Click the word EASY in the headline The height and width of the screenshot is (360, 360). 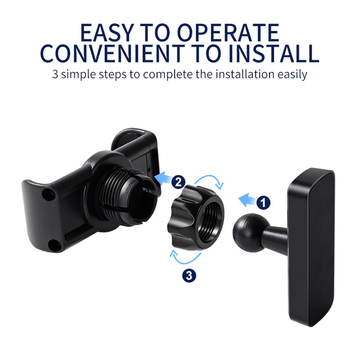point(107,32)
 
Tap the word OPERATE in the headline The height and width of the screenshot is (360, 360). point(228,32)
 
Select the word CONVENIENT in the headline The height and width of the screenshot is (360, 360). point(112,54)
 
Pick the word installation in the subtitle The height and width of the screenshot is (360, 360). point(245,74)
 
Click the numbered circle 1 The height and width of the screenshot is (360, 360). point(264,203)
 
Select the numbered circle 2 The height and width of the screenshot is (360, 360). point(179,182)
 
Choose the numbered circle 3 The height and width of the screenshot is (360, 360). point(189,275)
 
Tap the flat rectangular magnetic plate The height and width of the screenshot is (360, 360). point(311,247)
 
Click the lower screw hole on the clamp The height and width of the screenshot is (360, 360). point(55,246)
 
